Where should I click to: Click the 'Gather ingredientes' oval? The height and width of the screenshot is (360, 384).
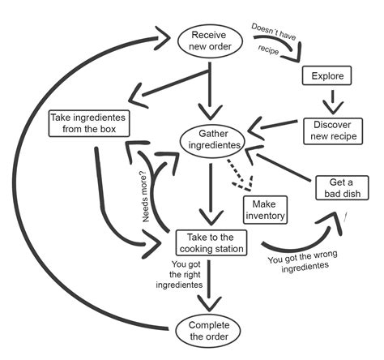click(x=211, y=139)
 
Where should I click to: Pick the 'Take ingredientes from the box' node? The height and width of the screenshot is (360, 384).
click(x=90, y=123)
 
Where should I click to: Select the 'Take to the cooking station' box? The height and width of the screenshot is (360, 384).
click(x=211, y=242)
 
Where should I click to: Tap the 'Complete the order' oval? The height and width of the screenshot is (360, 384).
click(x=211, y=328)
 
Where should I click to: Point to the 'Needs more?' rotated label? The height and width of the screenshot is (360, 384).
click(x=150, y=198)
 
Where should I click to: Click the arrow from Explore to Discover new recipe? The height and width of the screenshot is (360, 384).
click(x=329, y=101)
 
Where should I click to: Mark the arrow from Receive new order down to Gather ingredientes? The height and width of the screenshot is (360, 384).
click(x=212, y=89)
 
